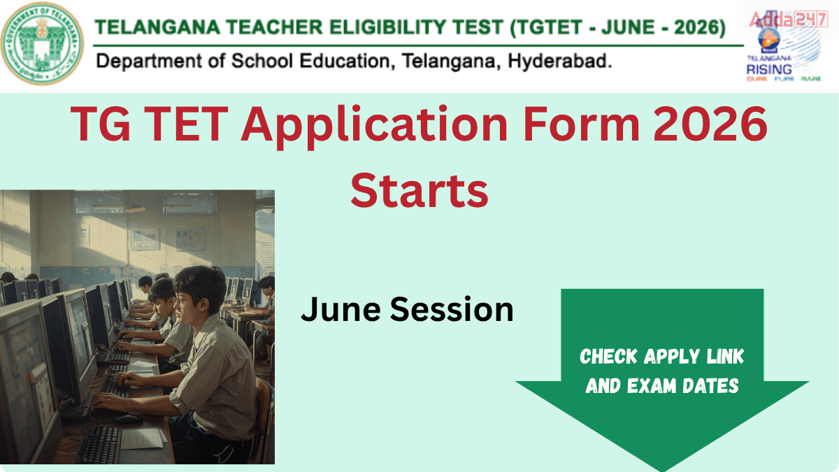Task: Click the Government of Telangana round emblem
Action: [x=43, y=43]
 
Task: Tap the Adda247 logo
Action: [x=788, y=20]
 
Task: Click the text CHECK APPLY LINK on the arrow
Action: [x=662, y=357]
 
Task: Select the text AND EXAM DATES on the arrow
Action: [x=662, y=385]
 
